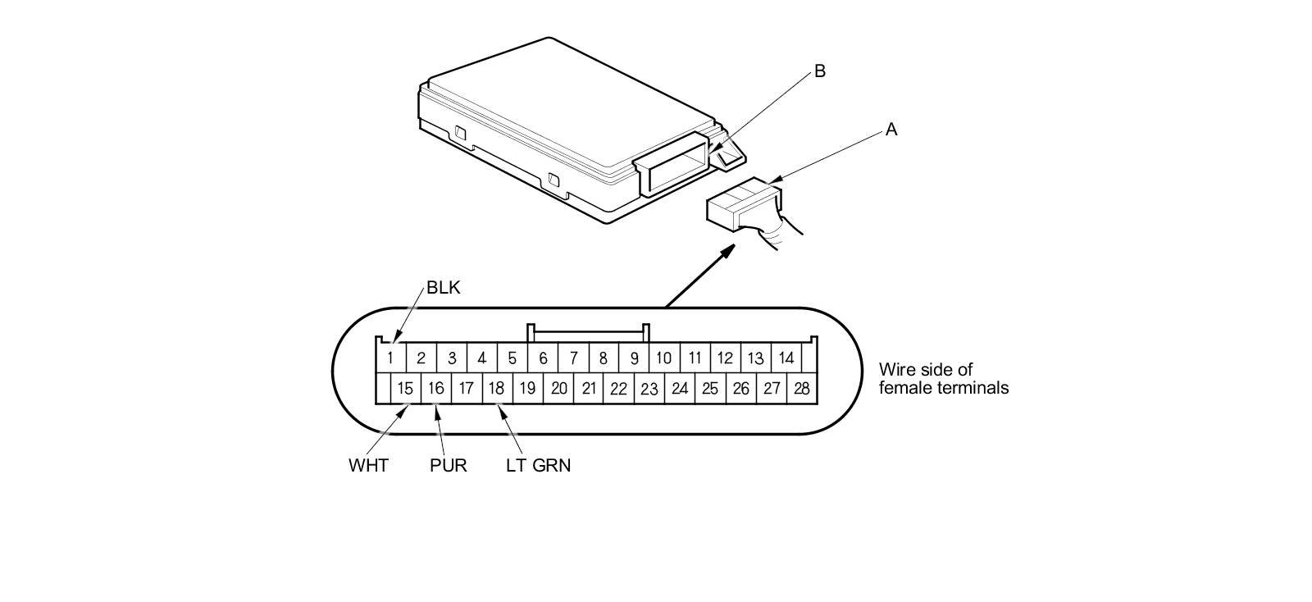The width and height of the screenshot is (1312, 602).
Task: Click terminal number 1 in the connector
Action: (x=391, y=358)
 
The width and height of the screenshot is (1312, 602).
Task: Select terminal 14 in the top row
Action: (x=786, y=358)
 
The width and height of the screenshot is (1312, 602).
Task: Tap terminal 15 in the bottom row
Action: (x=405, y=388)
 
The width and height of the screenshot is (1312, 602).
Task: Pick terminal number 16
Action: (x=435, y=388)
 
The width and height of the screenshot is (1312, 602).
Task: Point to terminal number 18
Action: (x=496, y=388)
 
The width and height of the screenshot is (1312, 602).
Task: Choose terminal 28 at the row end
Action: (x=801, y=388)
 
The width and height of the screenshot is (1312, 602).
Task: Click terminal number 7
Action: (x=573, y=358)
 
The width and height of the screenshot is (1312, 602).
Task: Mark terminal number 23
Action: (x=649, y=389)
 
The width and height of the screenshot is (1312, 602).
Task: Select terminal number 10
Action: (x=663, y=358)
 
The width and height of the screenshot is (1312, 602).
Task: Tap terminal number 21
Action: (x=588, y=389)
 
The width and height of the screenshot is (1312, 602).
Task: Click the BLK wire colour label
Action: (x=444, y=288)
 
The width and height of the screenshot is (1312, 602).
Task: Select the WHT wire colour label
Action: (x=368, y=466)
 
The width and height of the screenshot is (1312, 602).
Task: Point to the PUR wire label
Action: (x=448, y=466)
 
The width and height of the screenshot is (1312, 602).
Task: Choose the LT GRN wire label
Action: (x=538, y=466)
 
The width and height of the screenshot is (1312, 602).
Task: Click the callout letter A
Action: (x=891, y=130)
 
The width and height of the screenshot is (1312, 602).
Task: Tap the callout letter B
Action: (x=819, y=71)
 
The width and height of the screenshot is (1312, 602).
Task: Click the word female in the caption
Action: (x=904, y=388)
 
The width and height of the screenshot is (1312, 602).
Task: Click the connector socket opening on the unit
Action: (x=676, y=164)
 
